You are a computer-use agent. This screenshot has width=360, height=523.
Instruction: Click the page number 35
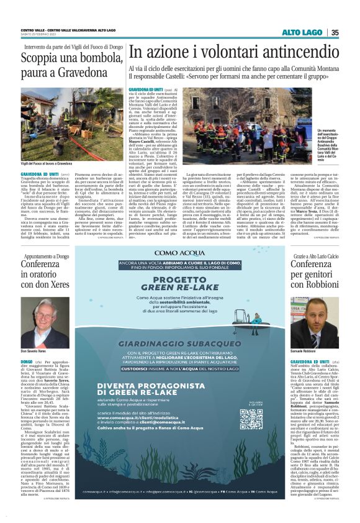(335, 33)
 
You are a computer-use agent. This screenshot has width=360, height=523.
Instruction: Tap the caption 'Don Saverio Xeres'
(34, 352)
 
